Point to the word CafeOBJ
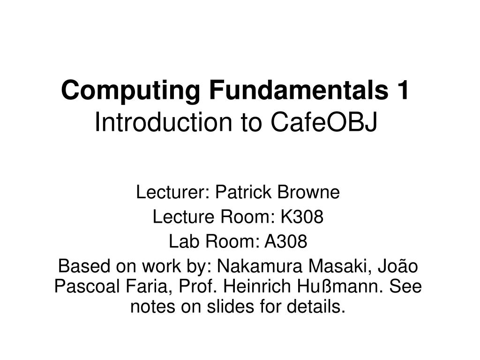coord(323,123)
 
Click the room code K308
coord(302,217)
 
